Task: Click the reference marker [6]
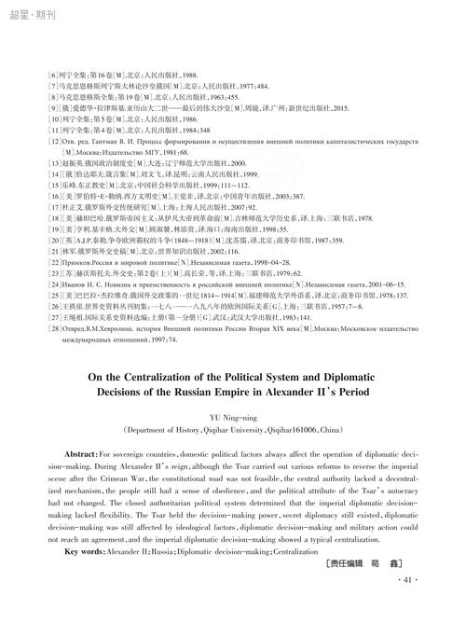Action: pos(45,73)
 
